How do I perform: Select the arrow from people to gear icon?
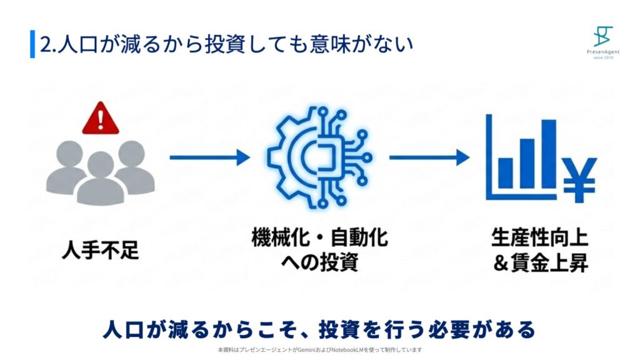(x=209, y=157)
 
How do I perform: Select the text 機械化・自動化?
(x=319, y=239)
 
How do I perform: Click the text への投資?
(x=319, y=262)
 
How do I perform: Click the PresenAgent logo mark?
(x=604, y=35)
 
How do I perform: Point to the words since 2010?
(x=604, y=57)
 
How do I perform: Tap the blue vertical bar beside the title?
(x=32, y=44)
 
